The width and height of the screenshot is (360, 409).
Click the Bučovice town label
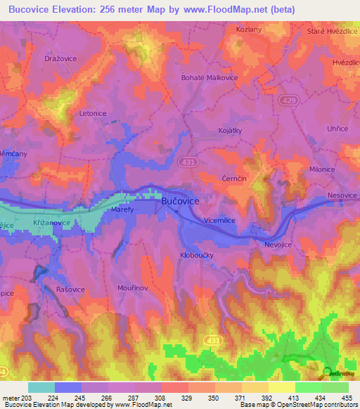coord(181,201)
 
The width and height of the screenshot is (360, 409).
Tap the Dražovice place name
coord(60,59)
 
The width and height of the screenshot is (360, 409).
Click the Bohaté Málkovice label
coord(210,78)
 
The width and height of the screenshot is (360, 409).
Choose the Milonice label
coord(323,169)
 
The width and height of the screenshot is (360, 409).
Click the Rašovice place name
coord(70,288)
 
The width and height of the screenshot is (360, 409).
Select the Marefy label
coord(124,209)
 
